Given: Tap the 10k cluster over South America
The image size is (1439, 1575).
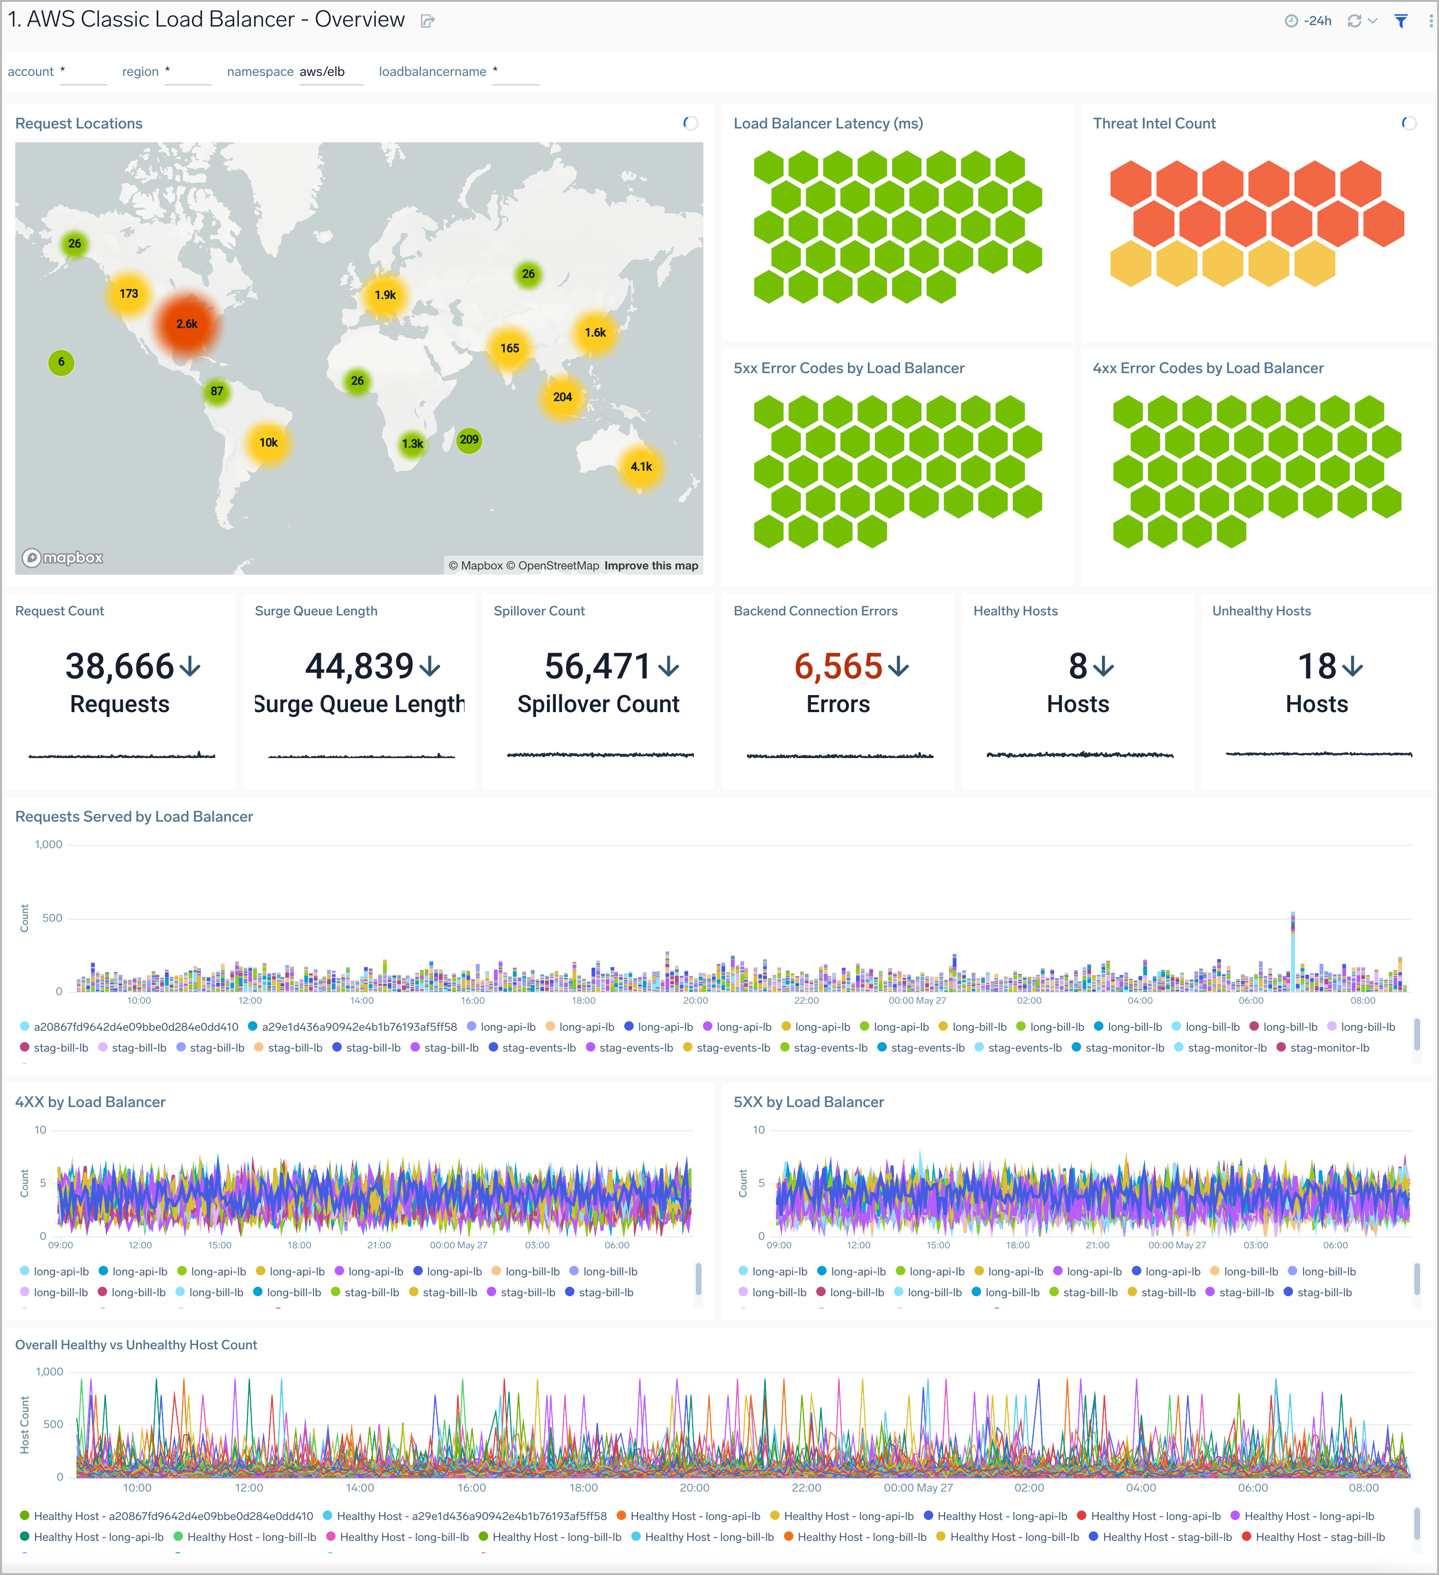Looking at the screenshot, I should (x=268, y=443).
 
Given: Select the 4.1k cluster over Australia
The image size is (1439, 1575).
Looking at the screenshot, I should (x=641, y=467).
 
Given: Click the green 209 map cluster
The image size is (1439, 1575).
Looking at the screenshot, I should (x=469, y=440).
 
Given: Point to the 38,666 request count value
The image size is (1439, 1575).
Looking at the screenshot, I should (x=119, y=667).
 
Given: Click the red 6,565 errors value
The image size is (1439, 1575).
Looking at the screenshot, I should (x=838, y=667).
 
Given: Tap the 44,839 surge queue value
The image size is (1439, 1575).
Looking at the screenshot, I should (x=359, y=667).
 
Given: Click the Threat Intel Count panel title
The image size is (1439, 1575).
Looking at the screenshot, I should (x=1153, y=123).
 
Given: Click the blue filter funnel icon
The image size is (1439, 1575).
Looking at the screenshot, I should (x=1401, y=21).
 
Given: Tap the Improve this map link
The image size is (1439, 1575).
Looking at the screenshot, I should (x=651, y=566).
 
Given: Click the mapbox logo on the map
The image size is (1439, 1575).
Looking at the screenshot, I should (x=63, y=558).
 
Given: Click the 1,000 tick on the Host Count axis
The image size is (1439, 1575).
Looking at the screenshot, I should (x=49, y=1372).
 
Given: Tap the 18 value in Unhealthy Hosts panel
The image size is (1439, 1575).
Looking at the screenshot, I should (x=1316, y=667).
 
